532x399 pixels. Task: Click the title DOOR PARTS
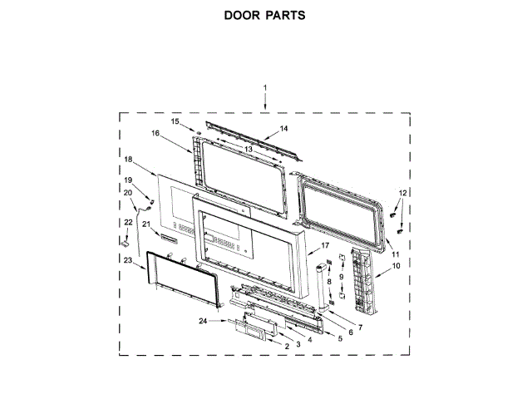pyautogui.click(x=265, y=16)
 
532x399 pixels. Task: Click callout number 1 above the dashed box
pyautogui.click(x=265, y=88)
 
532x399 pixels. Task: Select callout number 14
pyautogui.click(x=283, y=129)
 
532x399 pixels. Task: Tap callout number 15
pyautogui.click(x=175, y=122)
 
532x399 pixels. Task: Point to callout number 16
pyautogui.click(x=155, y=133)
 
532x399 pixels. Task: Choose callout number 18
pyautogui.click(x=128, y=159)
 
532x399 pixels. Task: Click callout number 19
pyautogui.click(x=128, y=180)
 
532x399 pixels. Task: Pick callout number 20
pyautogui.click(x=128, y=194)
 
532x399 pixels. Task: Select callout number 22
pyautogui.click(x=128, y=223)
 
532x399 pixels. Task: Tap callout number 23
pyautogui.click(x=128, y=260)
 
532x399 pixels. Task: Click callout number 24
pyautogui.click(x=203, y=321)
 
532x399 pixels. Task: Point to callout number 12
pyautogui.click(x=403, y=193)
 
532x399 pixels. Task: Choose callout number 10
pyautogui.click(x=396, y=266)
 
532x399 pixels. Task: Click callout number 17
pyautogui.click(x=326, y=246)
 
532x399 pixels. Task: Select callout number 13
pyautogui.click(x=248, y=149)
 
